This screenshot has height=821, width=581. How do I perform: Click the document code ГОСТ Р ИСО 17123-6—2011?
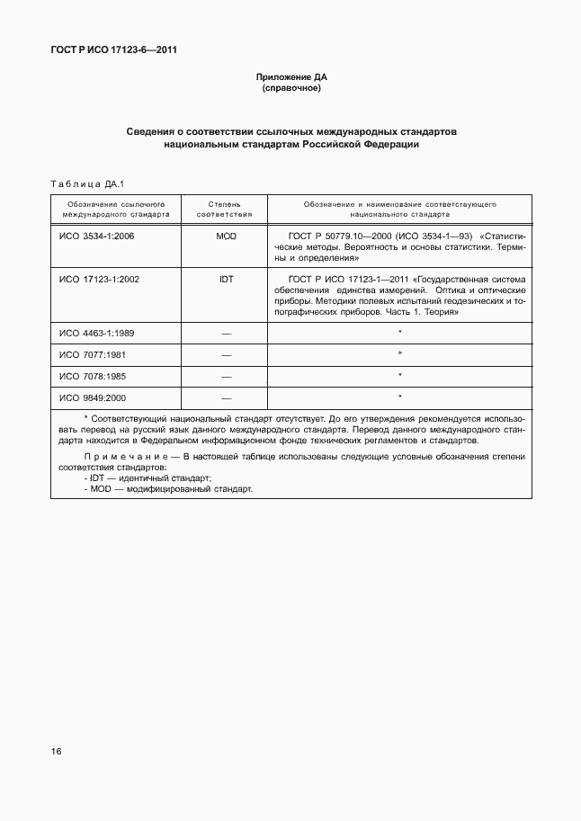tap(112, 50)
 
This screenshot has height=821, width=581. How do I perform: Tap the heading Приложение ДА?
tap(290, 78)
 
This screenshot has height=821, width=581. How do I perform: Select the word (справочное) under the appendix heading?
tap(290, 90)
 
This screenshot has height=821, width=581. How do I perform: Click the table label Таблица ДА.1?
tap(86, 184)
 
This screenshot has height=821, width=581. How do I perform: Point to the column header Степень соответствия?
tap(225, 210)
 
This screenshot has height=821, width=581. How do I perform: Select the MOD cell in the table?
tap(226, 236)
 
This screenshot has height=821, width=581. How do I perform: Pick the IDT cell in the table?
tap(226, 279)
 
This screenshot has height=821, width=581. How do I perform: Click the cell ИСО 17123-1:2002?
tap(99, 279)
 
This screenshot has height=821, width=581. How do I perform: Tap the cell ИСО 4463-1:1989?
tap(96, 333)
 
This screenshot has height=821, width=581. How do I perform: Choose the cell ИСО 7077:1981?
tap(93, 354)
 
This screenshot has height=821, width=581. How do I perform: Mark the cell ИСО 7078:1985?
tap(93, 376)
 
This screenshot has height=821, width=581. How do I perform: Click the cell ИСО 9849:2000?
tap(93, 397)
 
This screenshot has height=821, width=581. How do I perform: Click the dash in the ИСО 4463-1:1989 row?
tap(226, 334)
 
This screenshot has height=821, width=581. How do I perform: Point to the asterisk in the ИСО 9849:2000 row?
tap(399, 397)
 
